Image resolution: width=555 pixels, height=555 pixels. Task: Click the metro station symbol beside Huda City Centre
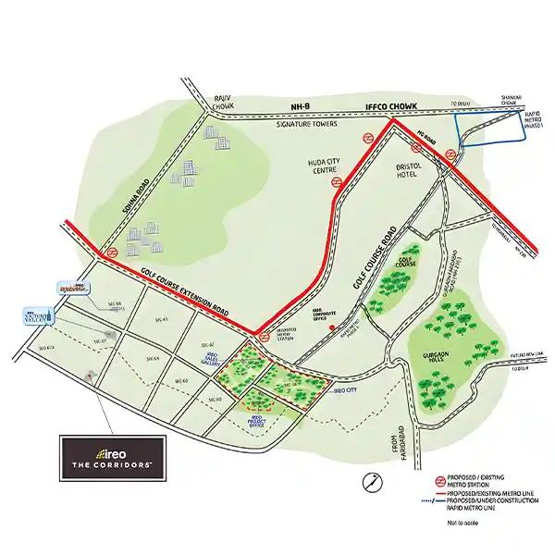pos(339,182)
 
